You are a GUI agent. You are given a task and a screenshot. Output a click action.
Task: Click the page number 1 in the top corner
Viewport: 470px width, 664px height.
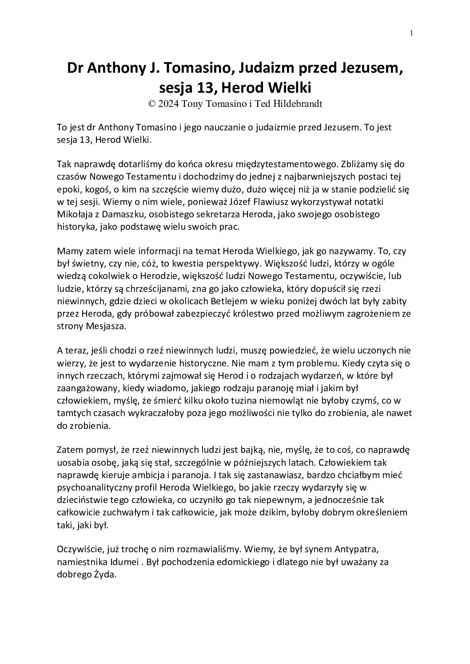pyautogui.click(x=412, y=32)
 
